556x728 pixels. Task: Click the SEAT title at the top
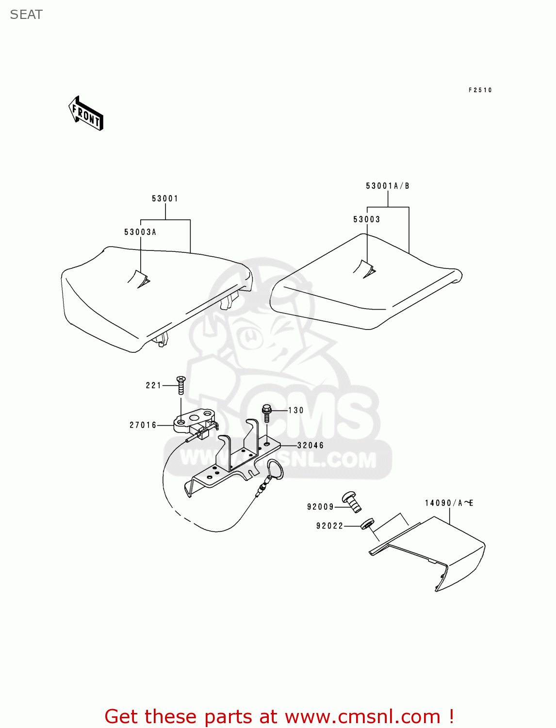coord(26,15)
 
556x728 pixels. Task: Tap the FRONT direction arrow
coord(86,114)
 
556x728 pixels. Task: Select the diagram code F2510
coord(480,90)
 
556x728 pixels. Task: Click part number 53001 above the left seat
coord(165,199)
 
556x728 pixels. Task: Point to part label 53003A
coord(140,232)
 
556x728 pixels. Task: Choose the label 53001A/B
coord(387,186)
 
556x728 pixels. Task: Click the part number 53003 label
coord(366,219)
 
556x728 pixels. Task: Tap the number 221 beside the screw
coord(153,385)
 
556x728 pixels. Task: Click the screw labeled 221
coord(181,385)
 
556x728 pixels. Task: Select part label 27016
coord(143,425)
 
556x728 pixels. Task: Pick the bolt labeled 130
coord(266,413)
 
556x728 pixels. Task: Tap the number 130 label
coord(296,411)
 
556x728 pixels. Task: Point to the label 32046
coord(311,446)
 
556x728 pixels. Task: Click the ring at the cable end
coord(275,469)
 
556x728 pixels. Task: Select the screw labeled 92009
coord(352,501)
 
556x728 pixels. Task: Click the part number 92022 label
coord(329,526)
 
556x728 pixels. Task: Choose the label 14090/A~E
coord(449,503)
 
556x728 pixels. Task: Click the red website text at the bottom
coord(279,716)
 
